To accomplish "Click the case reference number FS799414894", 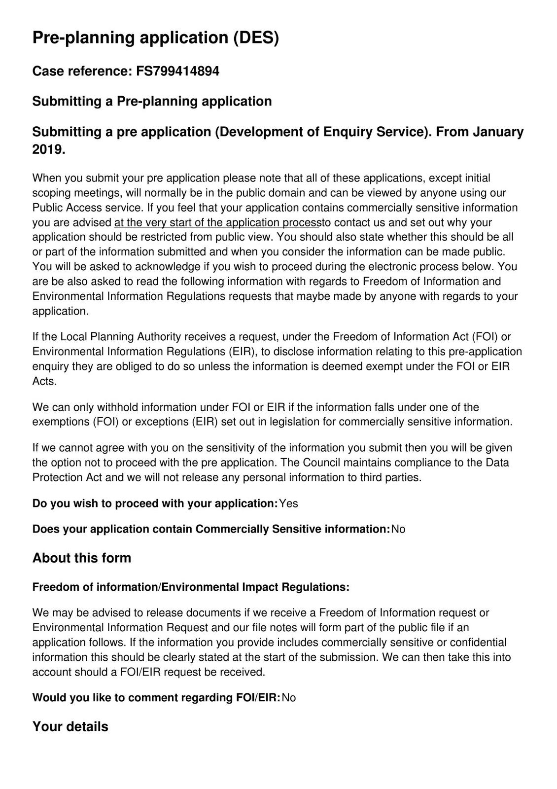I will (177, 72).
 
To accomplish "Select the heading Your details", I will (70, 727).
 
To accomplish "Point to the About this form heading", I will (82, 558).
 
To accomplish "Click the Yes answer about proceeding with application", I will (288, 503).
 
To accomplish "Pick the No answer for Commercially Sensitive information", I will (398, 529).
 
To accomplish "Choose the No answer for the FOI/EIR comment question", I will (289, 698).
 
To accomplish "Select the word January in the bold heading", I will (498, 132).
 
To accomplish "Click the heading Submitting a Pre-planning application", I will (152, 102).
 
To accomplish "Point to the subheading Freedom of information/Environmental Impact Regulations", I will (191, 587).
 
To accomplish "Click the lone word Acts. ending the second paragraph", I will (44, 381).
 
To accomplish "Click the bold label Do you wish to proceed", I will (155, 503).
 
